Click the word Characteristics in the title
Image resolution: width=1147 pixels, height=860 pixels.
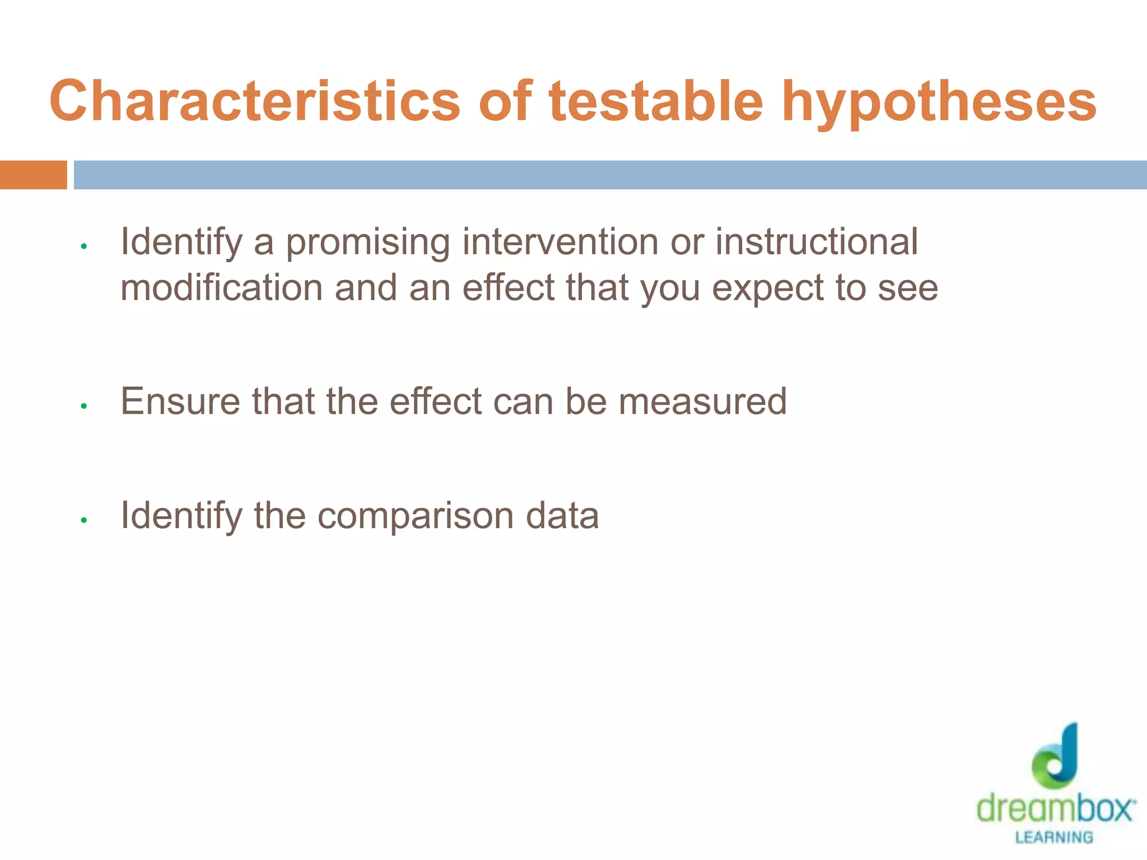pyautogui.click(x=255, y=101)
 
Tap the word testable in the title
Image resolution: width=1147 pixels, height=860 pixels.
pyautogui.click(x=656, y=101)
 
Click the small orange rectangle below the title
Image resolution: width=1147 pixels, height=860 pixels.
pyautogui.click(x=33, y=175)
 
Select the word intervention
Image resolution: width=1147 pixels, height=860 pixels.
pyautogui.click(x=559, y=242)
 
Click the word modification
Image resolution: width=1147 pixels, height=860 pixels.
pyautogui.click(x=222, y=288)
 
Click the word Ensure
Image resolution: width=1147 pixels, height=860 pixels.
pyautogui.click(x=180, y=401)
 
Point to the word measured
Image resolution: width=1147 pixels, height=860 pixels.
pyautogui.click(x=702, y=401)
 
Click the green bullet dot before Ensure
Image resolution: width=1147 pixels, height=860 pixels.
pyautogui.click(x=84, y=406)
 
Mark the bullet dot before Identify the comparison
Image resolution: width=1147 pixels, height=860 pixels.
pyautogui.click(x=84, y=520)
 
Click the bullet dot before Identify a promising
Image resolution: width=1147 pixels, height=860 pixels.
pyautogui.click(x=84, y=246)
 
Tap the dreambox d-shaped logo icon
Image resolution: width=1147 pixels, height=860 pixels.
pyautogui.click(x=1056, y=756)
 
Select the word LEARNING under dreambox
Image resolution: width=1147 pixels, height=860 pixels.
pyautogui.click(x=1054, y=838)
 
